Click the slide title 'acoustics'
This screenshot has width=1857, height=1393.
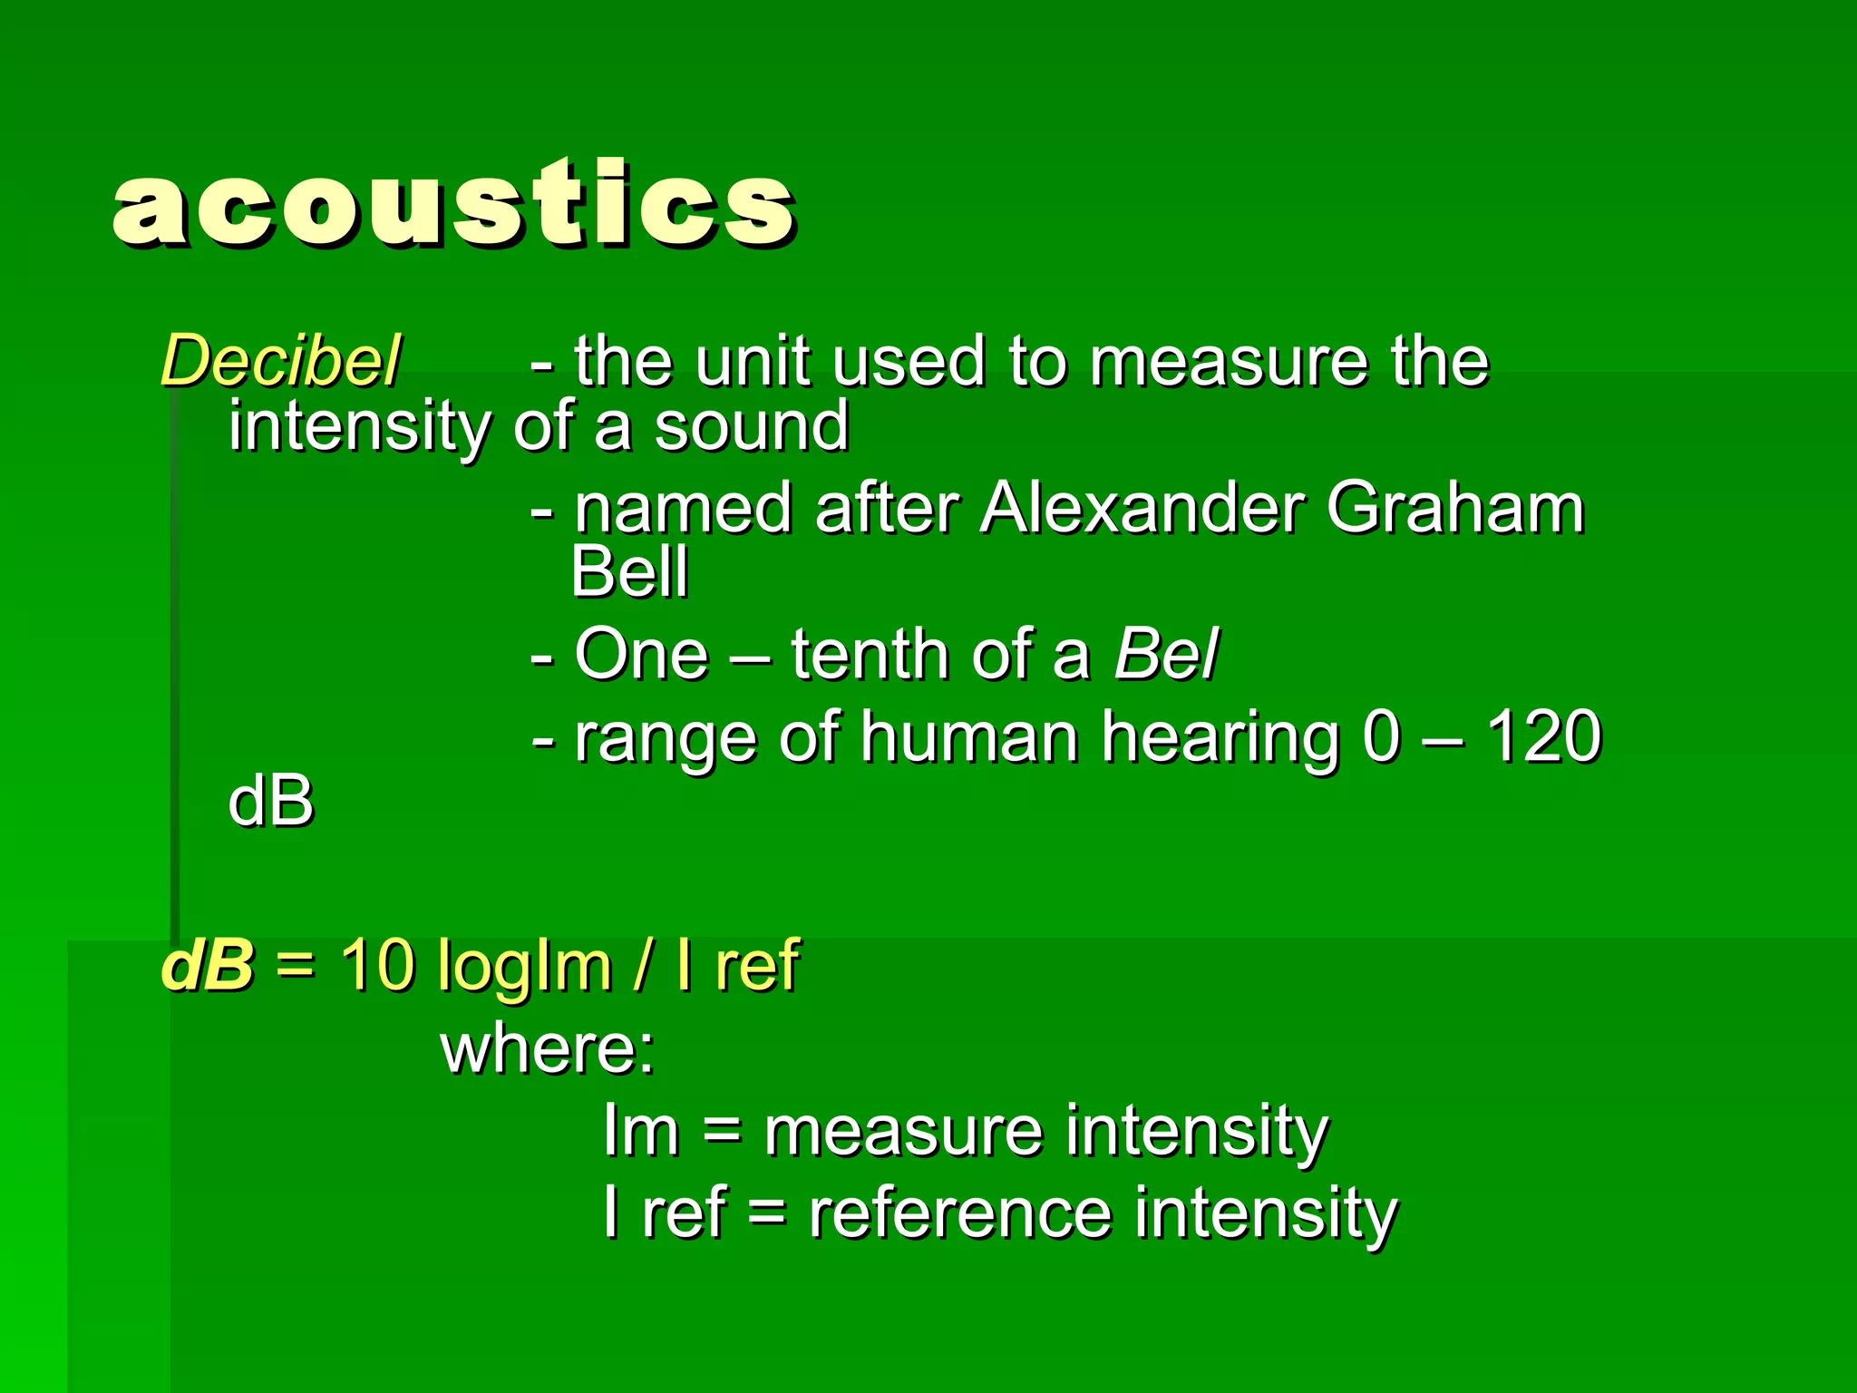click(453, 204)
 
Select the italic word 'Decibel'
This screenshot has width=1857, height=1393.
click(280, 361)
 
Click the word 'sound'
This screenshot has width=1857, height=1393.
click(752, 426)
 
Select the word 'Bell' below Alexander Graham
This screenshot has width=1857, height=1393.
click(630, 572)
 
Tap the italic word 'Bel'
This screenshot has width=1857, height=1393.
click(1166, 654)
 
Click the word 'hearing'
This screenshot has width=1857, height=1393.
click(1220, 738)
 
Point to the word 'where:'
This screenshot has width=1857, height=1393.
click(548, 1048)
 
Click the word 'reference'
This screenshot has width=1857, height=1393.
click(960, 1213)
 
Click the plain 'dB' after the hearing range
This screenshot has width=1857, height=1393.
click(270, 802)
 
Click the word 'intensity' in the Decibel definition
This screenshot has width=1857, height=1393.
click(359, 426)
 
